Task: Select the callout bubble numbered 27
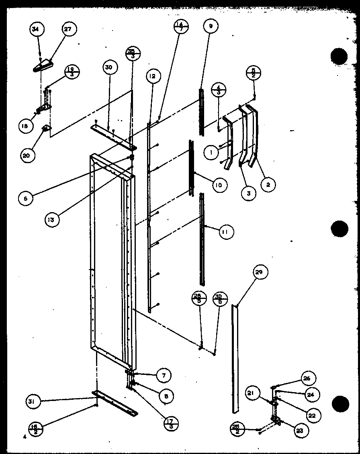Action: (69, 29)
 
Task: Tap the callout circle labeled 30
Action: (108, 67)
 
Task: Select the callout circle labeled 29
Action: (260, 273)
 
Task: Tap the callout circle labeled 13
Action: (53, 219)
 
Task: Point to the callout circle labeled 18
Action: (25, 126)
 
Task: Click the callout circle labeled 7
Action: (163, 375)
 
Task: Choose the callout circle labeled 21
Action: (254, 393)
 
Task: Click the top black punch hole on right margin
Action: (339, 56)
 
